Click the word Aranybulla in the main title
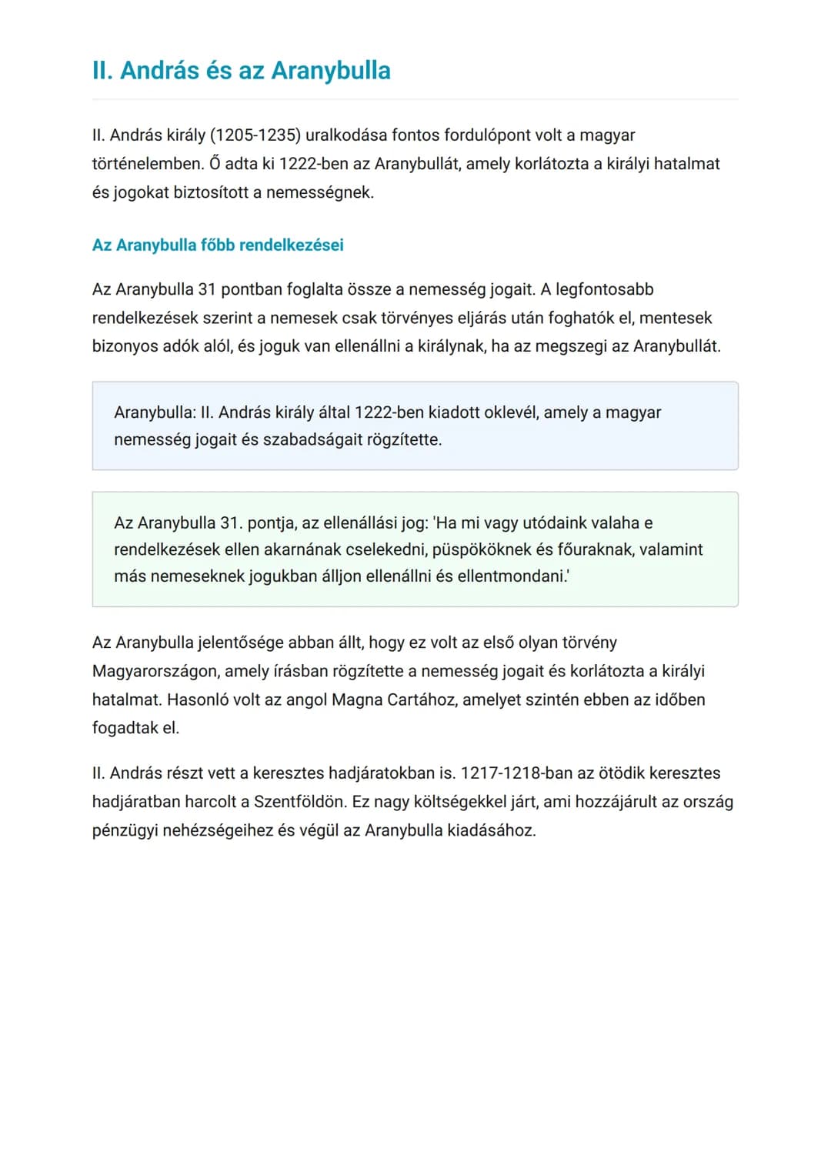coord(331,70)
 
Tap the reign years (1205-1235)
coord(255,135)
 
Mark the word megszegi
coord(570,346)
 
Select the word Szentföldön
coord(300,802)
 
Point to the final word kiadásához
coord(490,830)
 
